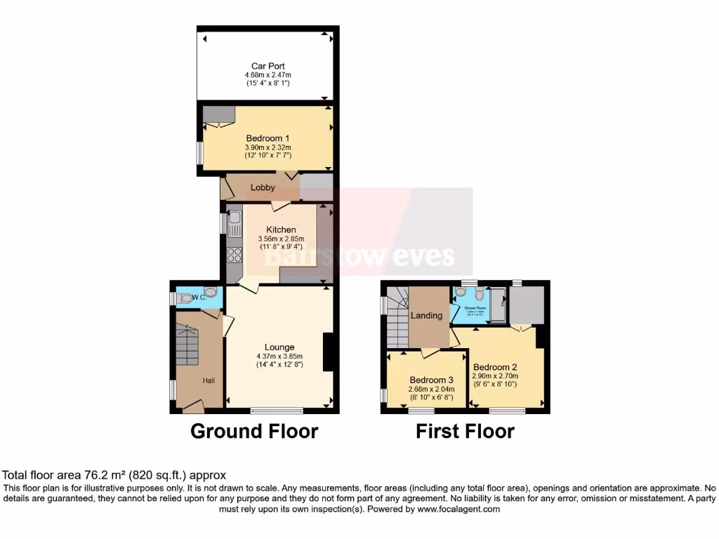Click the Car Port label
(x=268, y=67)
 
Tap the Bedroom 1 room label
(x=268, y=138)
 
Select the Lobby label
(x=263, y=187)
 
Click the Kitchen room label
(x=281, y=229)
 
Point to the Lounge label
(x=279, y=347)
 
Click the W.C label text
(x=198, y=298)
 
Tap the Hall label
(x=209, y=380)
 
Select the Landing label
(x=427, y=315)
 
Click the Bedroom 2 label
(x=495, y=367)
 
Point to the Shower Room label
(x=475, y=308)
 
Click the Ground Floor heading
(x=254, y=431)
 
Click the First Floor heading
(x=465, y=431)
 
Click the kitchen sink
(x=234, y=226)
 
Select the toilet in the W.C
(x=209, y=293)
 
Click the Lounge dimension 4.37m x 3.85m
(x=279, y=356)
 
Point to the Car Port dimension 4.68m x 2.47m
(x=268, y=75)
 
